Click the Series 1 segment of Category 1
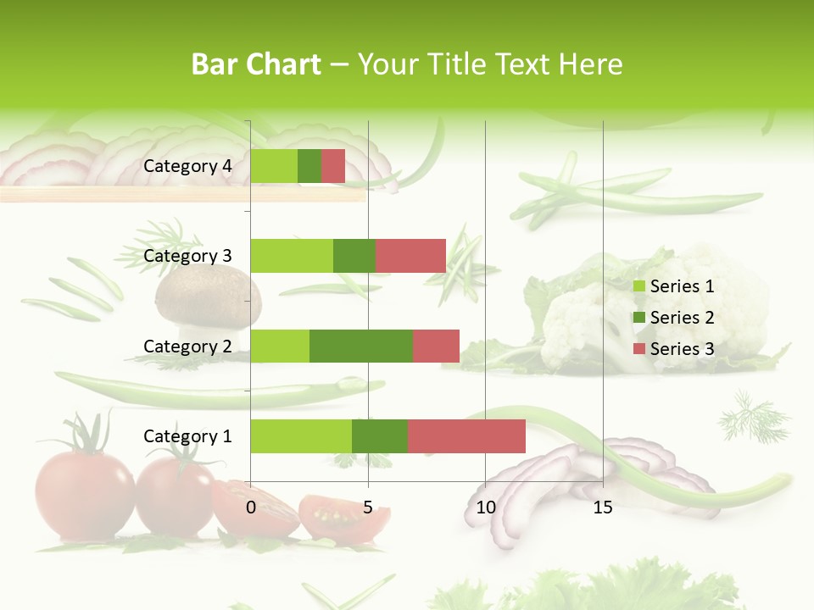tap(301, 436)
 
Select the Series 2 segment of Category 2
tap(361, 346)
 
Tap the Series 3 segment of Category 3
tap(410, 256)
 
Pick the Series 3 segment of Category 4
tap(333, 166)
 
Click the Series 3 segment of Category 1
tap(466, 436)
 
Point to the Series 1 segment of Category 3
tap(292, 256)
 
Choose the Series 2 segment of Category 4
tap(309, 166)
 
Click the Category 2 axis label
tap(187, 346)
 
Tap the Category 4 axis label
tap(187, 166)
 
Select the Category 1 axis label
tap(187, 436)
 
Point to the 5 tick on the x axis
tap(368, 507)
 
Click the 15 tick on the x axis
tap(603, 507)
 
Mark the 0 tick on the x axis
tap(251, 507)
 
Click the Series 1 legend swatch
tap(639, 286)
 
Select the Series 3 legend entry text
tap(682, 348)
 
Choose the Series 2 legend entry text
tap(682, 318)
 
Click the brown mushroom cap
tap(209, 292)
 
